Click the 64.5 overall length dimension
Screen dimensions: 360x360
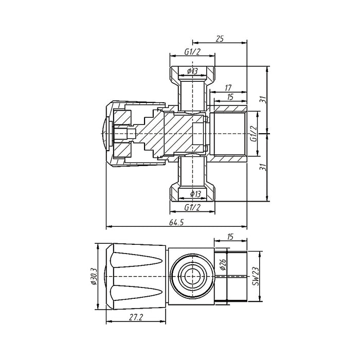pos(176,223)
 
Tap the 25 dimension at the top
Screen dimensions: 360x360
pos(220,39)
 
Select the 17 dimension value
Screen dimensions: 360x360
pos(228,88)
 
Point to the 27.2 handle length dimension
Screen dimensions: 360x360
pos(136,318)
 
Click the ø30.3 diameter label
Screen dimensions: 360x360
pos(94,277)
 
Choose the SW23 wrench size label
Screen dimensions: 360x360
pos(255,276)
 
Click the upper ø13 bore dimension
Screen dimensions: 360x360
pos(192,71)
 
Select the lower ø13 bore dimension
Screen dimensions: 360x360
pos(195,194)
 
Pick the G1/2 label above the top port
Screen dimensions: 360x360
pos(192,52)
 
